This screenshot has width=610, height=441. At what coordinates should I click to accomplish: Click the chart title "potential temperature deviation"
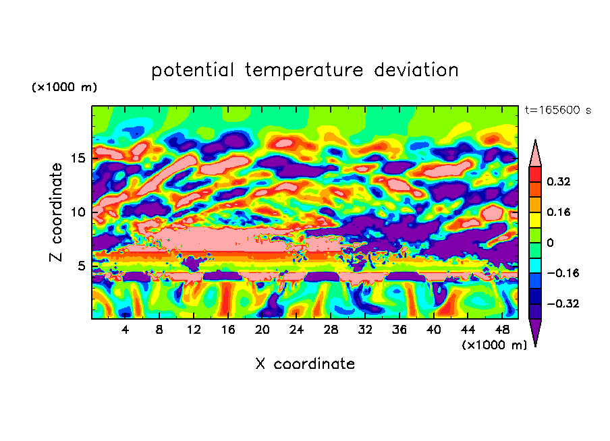(305, 70)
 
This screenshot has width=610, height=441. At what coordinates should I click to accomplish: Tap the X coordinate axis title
(305, 364)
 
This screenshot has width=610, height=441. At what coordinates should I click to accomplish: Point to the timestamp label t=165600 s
(558, 110)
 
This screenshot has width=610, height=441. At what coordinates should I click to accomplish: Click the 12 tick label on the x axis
(194, 330)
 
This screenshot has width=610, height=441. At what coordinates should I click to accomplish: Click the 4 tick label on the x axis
(126, 330)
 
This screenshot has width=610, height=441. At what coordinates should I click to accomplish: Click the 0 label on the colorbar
(550, 243)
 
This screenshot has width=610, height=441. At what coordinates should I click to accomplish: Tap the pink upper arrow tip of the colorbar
(535, 152)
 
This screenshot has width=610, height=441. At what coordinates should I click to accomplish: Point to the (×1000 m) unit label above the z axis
(64, 88)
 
